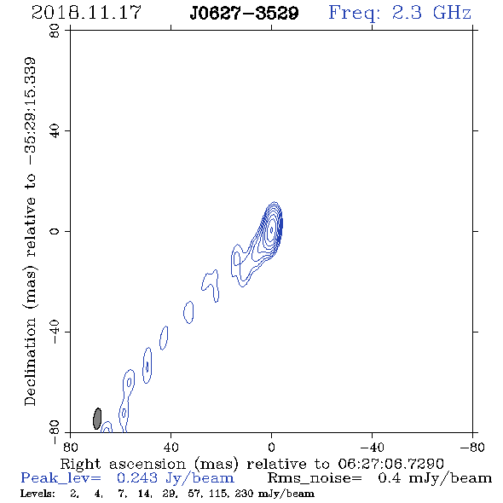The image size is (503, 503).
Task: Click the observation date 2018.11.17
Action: click(86, 13)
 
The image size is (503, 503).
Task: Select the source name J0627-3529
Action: click(244, 13)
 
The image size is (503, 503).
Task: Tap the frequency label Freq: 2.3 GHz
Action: click(400, 13)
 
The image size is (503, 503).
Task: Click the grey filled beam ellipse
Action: click(97, 419)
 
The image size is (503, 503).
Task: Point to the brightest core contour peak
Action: click(272, 230)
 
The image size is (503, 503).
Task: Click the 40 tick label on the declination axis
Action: click(55, 131)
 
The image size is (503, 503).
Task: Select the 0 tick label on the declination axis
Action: click(55, 231)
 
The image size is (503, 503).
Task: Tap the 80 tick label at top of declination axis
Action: click(55, 31)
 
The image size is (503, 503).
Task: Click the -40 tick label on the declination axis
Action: click(55, 332)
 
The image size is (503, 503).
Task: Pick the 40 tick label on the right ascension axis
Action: click(171, 447)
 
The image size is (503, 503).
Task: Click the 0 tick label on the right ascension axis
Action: click(271, 447)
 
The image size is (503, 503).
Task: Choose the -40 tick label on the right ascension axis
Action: click(372, 447)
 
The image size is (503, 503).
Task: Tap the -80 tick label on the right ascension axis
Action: click(472, 447)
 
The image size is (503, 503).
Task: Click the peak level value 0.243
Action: click(137, 478)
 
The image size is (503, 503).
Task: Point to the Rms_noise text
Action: click(315, 478)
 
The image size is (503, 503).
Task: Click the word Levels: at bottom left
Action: click(38, 494)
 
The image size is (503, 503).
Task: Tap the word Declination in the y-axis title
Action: click(30, 361)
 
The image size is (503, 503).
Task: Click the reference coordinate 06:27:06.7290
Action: click(390, 464)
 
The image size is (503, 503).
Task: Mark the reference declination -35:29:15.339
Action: click(31, 111)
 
